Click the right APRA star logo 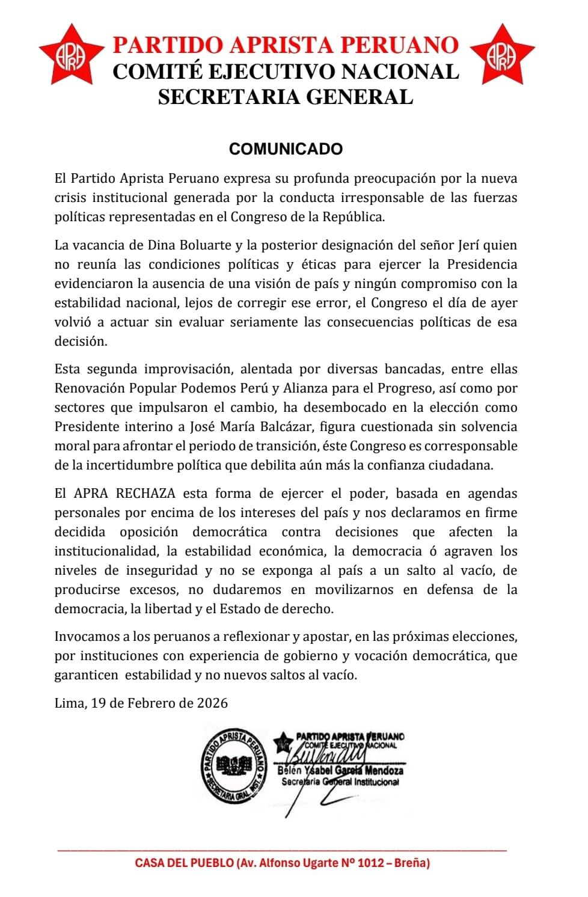pos(502,55)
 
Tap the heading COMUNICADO pos(286,149)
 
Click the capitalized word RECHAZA pos(145,494)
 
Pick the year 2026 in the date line pos(212,703)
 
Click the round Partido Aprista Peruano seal pos(233,765)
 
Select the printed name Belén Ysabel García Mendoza pos(340,771)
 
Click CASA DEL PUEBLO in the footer pos(184,863)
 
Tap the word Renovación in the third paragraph pos(90,388)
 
